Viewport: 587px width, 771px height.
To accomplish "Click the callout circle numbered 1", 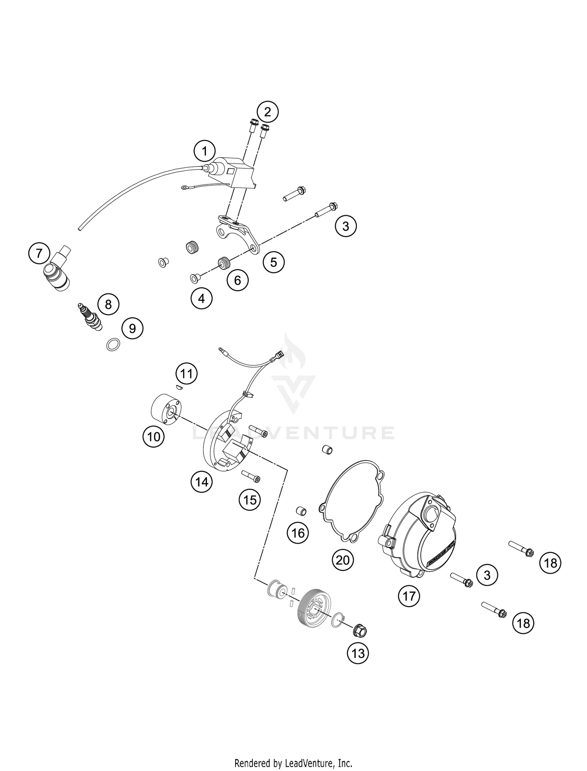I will (x=204, y=151).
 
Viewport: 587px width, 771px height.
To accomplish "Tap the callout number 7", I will (x=39, y=254).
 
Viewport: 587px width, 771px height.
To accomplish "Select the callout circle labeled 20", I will (x=342, y=560).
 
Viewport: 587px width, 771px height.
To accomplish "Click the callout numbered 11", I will (x=186, y=374).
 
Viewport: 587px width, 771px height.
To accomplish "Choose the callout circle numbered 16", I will (x=298, y=533).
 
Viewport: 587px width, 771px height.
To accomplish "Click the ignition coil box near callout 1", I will (x=232, y=172).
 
